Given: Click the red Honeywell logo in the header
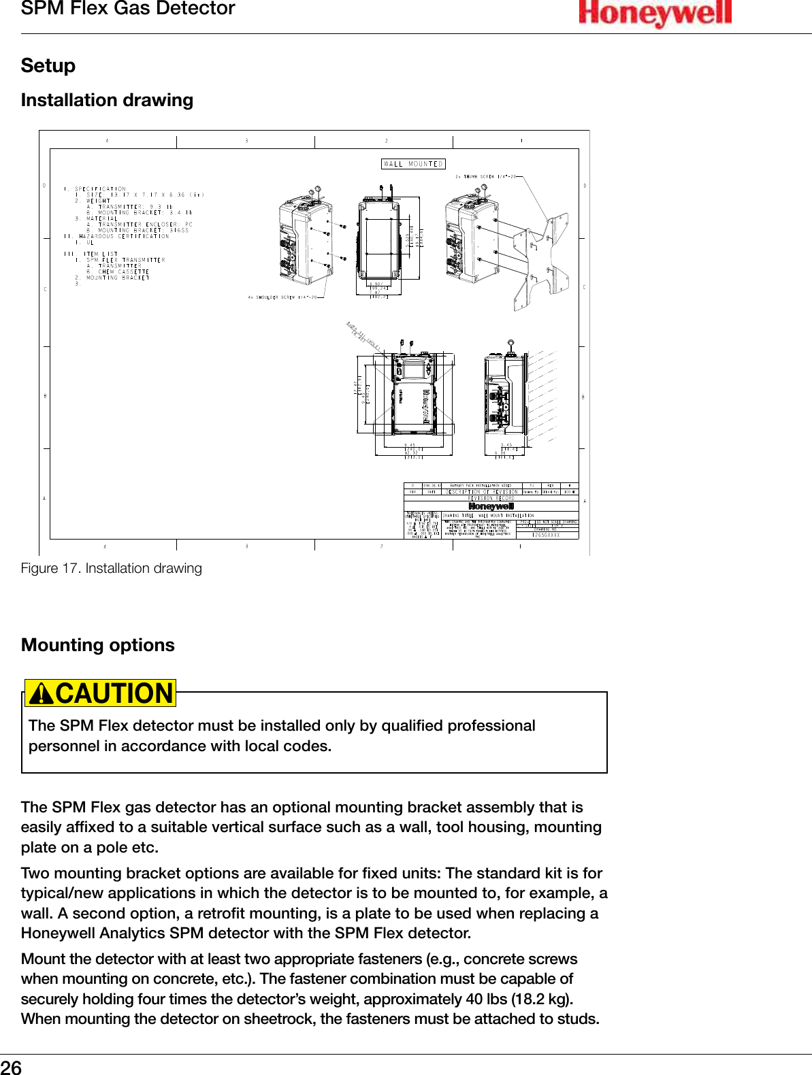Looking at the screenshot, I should pos(655,13).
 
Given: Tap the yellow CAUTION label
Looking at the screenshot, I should pos(114,693).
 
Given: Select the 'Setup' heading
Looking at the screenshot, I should pos(48,66).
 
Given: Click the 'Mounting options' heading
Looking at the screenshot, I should pos(98,645).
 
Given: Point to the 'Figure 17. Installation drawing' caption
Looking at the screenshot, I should pos(112,568).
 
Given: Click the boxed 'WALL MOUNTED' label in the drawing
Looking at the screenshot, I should pos(413,164).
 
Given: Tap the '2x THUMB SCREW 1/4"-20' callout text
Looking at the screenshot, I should pos(485,177).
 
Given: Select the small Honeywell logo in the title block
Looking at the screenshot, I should pos(491,506).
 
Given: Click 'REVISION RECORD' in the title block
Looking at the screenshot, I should pos(491,498).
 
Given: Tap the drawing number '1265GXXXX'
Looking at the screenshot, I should pos(546,535).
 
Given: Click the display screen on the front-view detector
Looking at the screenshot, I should pos(415,371).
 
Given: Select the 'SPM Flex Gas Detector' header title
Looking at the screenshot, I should pos(128,9).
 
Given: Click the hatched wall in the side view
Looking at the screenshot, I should pos(541,395).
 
